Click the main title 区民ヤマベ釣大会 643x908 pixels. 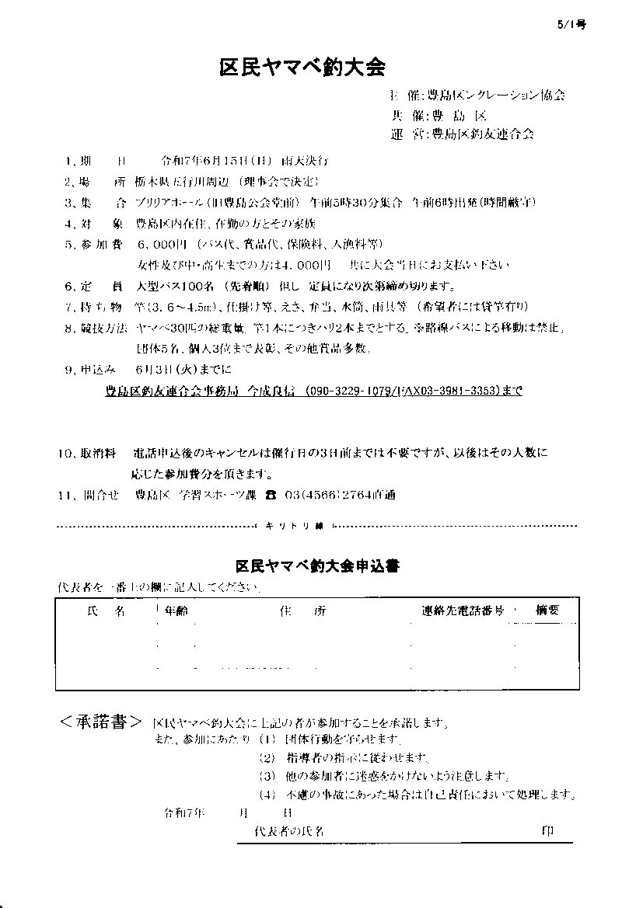(x=302, y=68)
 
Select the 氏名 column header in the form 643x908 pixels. (x=106, y=611)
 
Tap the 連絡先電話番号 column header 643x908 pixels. (x=463, y=611)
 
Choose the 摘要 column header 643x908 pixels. (x=547, y=611)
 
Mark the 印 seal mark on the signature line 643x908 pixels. (x=548, y=831)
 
